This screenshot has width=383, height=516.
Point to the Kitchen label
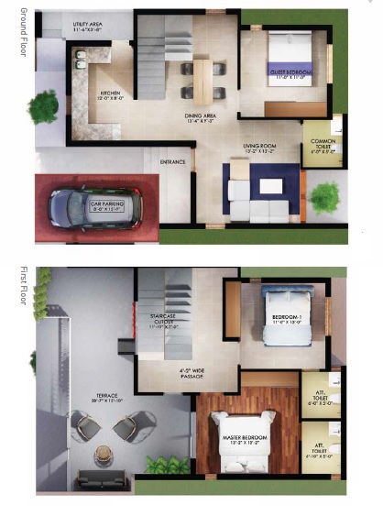[x=111, y=96]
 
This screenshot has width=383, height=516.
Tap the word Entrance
[x=173, y=162]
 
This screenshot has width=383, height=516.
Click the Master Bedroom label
[x=245, y=440]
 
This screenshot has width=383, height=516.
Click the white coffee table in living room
[x=271, y=186]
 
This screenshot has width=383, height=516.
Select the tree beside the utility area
[x=42, y=107]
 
